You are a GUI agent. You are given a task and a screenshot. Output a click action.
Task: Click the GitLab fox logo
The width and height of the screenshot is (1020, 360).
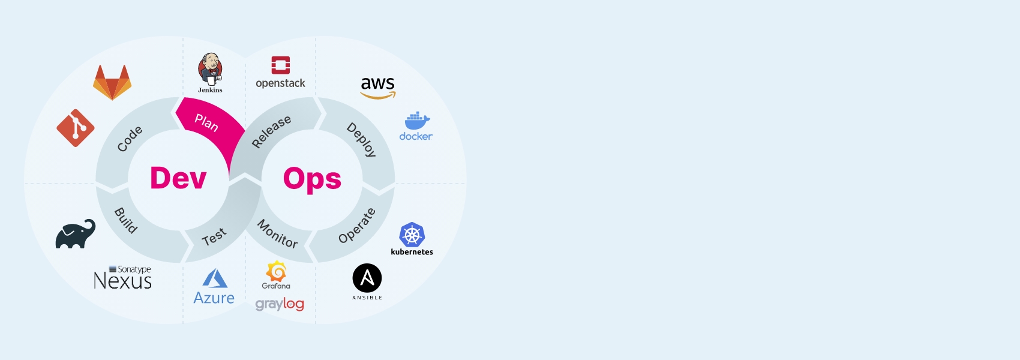click(112, 82)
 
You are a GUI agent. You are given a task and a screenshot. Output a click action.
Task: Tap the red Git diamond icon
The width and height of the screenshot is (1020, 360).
click(76, 128)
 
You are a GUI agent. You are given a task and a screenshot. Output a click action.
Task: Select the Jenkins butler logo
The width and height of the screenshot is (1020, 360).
click(211, 70)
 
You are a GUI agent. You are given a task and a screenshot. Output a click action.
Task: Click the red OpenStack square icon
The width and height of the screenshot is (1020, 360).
click(281, 65)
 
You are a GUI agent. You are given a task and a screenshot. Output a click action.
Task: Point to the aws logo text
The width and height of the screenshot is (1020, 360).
click(377, 83)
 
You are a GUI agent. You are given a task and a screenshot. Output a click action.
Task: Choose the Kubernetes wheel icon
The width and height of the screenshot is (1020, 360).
click(412, 235)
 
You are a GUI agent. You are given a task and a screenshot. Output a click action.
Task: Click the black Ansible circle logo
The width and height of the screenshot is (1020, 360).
click(367, 278)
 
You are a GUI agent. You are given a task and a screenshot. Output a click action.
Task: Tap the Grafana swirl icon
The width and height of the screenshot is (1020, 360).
click(276, 272)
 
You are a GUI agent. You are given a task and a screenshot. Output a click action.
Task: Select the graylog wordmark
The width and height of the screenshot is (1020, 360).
click(280, 304)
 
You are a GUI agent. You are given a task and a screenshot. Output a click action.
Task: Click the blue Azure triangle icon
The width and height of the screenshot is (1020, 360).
click(215, 278)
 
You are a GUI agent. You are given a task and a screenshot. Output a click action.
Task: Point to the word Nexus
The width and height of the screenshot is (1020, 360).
click(123, 281)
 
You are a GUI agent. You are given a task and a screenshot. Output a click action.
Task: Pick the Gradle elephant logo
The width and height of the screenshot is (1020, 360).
click(76, 234)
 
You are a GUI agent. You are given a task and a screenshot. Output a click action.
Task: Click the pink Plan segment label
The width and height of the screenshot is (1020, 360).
click(206, 122)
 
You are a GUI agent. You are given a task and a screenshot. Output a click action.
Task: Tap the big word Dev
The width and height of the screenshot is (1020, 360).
click(178, 178)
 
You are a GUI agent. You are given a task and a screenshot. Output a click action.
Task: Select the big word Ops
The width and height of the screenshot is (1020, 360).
click(312, 179)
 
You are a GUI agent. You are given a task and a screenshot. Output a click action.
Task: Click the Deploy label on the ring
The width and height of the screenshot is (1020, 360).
click(361, 140)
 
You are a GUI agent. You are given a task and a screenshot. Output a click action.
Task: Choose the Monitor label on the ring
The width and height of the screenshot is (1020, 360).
click(277, 233)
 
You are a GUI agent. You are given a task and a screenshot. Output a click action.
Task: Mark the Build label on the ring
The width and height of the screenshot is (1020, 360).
click(126, 220)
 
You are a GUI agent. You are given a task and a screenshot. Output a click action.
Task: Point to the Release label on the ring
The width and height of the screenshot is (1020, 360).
click(271, 131)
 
